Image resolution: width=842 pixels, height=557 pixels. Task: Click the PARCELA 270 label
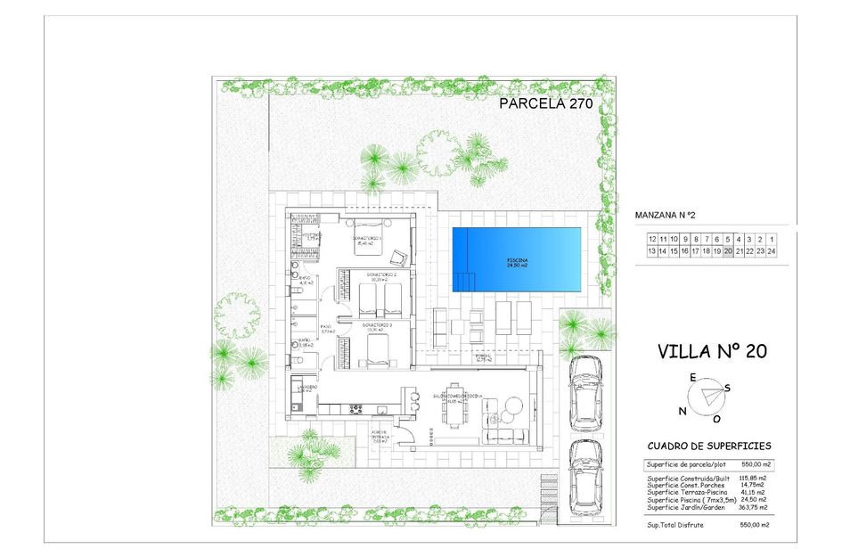[x=545, y=103]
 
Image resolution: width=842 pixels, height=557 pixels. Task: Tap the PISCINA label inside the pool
[x=517, y=262]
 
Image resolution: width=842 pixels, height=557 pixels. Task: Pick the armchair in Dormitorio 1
[x=400, y=257]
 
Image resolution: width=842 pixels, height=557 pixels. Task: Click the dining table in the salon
[x=457, y=413]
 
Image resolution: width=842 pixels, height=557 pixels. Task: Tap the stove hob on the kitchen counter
[x=356, y=409]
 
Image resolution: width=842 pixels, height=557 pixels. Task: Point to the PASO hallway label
[x=327, y=329]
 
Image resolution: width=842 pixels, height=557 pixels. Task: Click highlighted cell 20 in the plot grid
[x=728, y=251]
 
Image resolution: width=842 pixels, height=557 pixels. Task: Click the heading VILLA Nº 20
[x=711, y=350]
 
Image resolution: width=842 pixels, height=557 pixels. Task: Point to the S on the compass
[x=727, y=387]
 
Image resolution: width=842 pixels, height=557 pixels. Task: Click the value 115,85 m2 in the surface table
[x=753, y=478]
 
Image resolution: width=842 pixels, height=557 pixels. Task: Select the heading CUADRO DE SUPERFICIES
[x=709, y=446]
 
